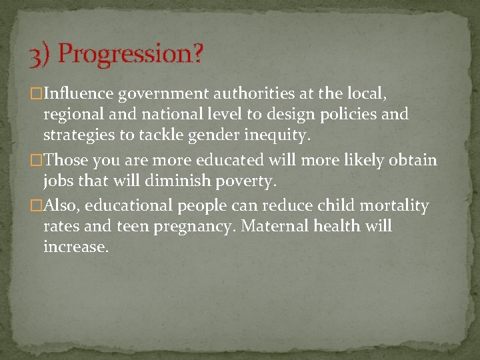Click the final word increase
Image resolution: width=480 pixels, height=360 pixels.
pos(75,246)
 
